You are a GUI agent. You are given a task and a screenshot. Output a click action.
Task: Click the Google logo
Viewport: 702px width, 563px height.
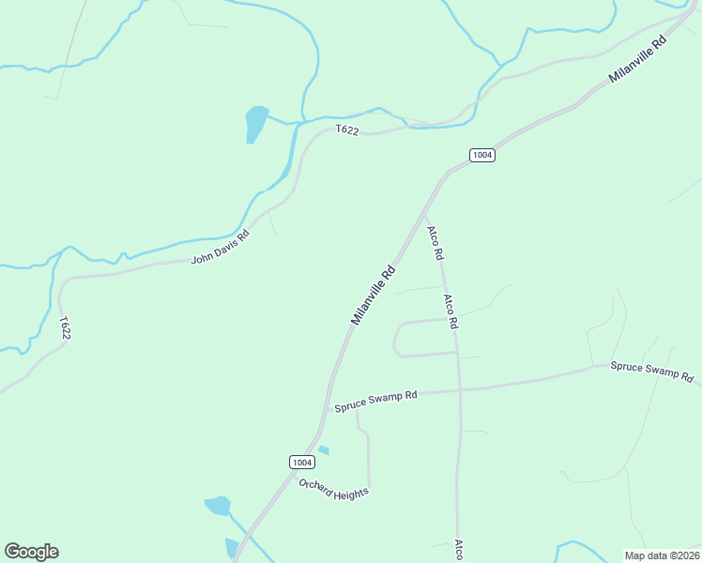[x=31, y=552]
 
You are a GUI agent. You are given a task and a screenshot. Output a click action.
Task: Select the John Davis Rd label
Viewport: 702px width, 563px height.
[x=221, y=247]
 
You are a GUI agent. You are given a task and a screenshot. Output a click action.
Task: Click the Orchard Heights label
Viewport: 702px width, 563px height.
[x=333, y=488]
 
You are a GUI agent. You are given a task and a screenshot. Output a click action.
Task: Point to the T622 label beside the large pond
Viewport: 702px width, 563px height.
[x=347, y=131]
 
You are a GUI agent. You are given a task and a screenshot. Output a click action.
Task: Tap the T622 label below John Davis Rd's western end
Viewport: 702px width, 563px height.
[x=65, y=327]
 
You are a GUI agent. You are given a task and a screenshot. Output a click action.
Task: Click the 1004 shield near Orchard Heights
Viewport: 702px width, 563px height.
[x=300, y=462]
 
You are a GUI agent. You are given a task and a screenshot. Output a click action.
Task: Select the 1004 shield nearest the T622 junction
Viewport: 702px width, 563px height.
[x=482, y=155]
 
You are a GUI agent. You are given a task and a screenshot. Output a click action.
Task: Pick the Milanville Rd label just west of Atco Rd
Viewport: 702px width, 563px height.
[x=374, y=296]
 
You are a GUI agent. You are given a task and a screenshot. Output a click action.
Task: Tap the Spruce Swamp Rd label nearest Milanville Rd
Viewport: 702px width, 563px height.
[x=375, y=402]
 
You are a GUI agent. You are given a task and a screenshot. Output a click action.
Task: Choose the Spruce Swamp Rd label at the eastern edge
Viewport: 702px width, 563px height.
[x=651, y=371]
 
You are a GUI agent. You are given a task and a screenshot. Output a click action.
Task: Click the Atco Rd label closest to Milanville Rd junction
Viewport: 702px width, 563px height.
[x=435, y=243]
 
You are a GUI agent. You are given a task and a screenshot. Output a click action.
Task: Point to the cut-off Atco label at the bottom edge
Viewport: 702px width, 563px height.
[x=459, y=550]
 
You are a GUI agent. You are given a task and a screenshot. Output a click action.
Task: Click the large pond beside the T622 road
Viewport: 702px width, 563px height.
[x=255, y=122]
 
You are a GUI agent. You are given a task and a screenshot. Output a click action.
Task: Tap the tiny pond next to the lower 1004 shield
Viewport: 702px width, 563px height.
[x=323, y=450]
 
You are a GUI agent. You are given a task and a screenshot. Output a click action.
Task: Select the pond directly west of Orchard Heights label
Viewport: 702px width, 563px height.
[x=218, y=506]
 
